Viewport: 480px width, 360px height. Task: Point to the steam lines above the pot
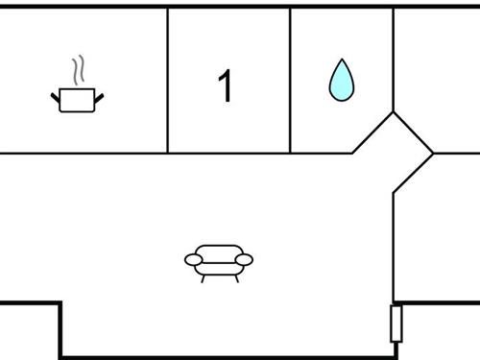(78, 70)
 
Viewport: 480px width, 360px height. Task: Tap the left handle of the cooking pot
(55, 95)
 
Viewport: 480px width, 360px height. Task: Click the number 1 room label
(226, 86)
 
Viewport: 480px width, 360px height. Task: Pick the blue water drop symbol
(341, 81)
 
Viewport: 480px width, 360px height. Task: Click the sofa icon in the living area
(219, 259)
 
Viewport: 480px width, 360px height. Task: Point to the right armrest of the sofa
(245, 259)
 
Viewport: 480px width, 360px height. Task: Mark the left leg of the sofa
(203, 276)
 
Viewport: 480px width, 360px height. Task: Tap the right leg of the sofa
(235, 276)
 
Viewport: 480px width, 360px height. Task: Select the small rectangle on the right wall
(395, 324)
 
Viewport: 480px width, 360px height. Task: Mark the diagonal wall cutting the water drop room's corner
(372, 132)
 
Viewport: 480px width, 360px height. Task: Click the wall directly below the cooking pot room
(84, 152)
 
